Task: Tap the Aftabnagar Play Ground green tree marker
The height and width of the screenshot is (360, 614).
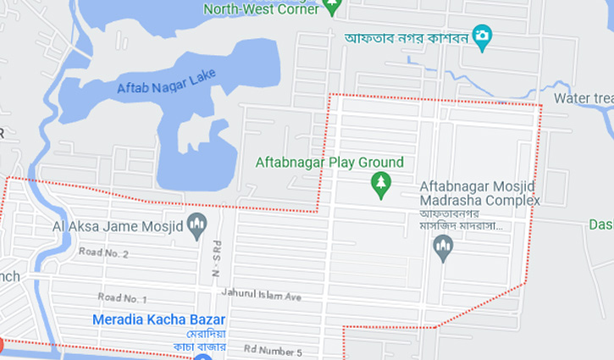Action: pyautogui.click(x=381, y=185)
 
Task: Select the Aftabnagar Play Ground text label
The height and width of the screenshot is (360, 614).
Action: pyautogui.click(x=329, y=163)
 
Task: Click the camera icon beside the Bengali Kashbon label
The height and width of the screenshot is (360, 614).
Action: pyautogui.click(x=482, y=36)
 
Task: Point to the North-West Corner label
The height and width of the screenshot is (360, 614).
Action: pyautogui.click(x=261, y=8)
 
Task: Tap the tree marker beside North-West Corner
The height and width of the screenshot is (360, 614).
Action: pyautogui.click(x=333, y=7)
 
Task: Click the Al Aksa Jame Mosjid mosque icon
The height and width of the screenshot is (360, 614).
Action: pyautogui.click(x=197, y=225)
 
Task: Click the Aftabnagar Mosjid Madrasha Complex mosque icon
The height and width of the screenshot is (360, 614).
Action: pyautogui.click(x=443, y=247)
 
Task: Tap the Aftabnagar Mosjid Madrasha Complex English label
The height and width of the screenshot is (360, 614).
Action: pyautogui.click(x=479, y=193)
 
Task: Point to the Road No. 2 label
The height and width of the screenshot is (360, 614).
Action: pyautogui.click(x=103, y=253)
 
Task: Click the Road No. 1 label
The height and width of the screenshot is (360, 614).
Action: pyautogui.click(x=122, y=298)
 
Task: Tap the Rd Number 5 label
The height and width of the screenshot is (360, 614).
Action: pyautogui.click(x=273, y=351)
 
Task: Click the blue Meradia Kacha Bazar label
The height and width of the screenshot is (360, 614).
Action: pyautogui.click(x=159, y=319)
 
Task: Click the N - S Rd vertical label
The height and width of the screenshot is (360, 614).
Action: pyautogui.click(x=217, y=254)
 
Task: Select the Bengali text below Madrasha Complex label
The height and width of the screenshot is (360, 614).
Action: pyautogui.click(x=462, y=220)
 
